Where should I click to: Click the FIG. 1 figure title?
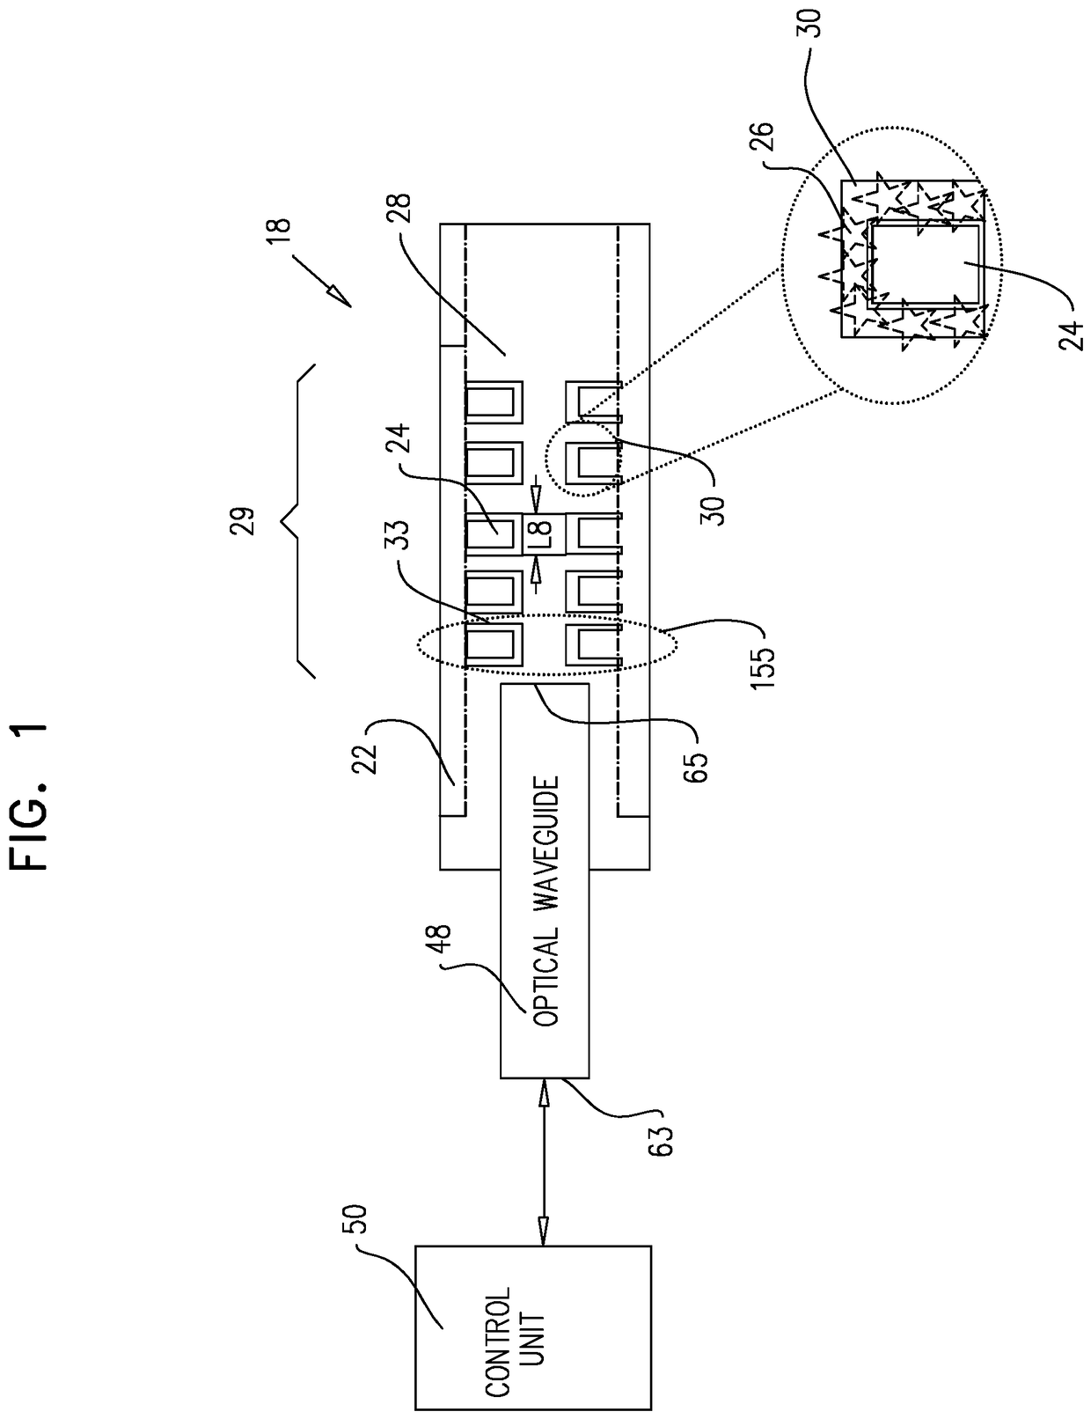[29, 796]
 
